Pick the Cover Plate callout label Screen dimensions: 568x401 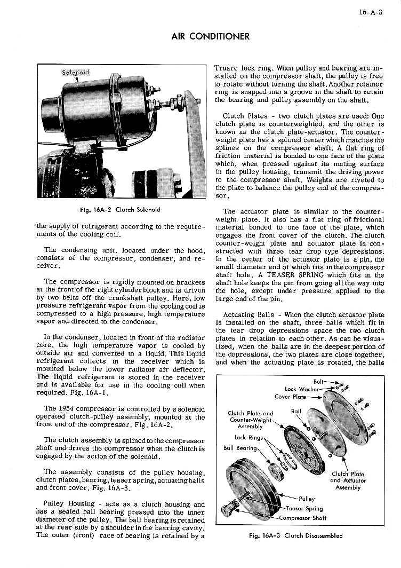290,397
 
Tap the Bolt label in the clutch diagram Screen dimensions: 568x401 318,382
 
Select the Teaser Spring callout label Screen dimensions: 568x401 304,509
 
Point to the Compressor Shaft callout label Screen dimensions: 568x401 304,517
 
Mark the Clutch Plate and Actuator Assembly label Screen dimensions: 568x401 348,480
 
